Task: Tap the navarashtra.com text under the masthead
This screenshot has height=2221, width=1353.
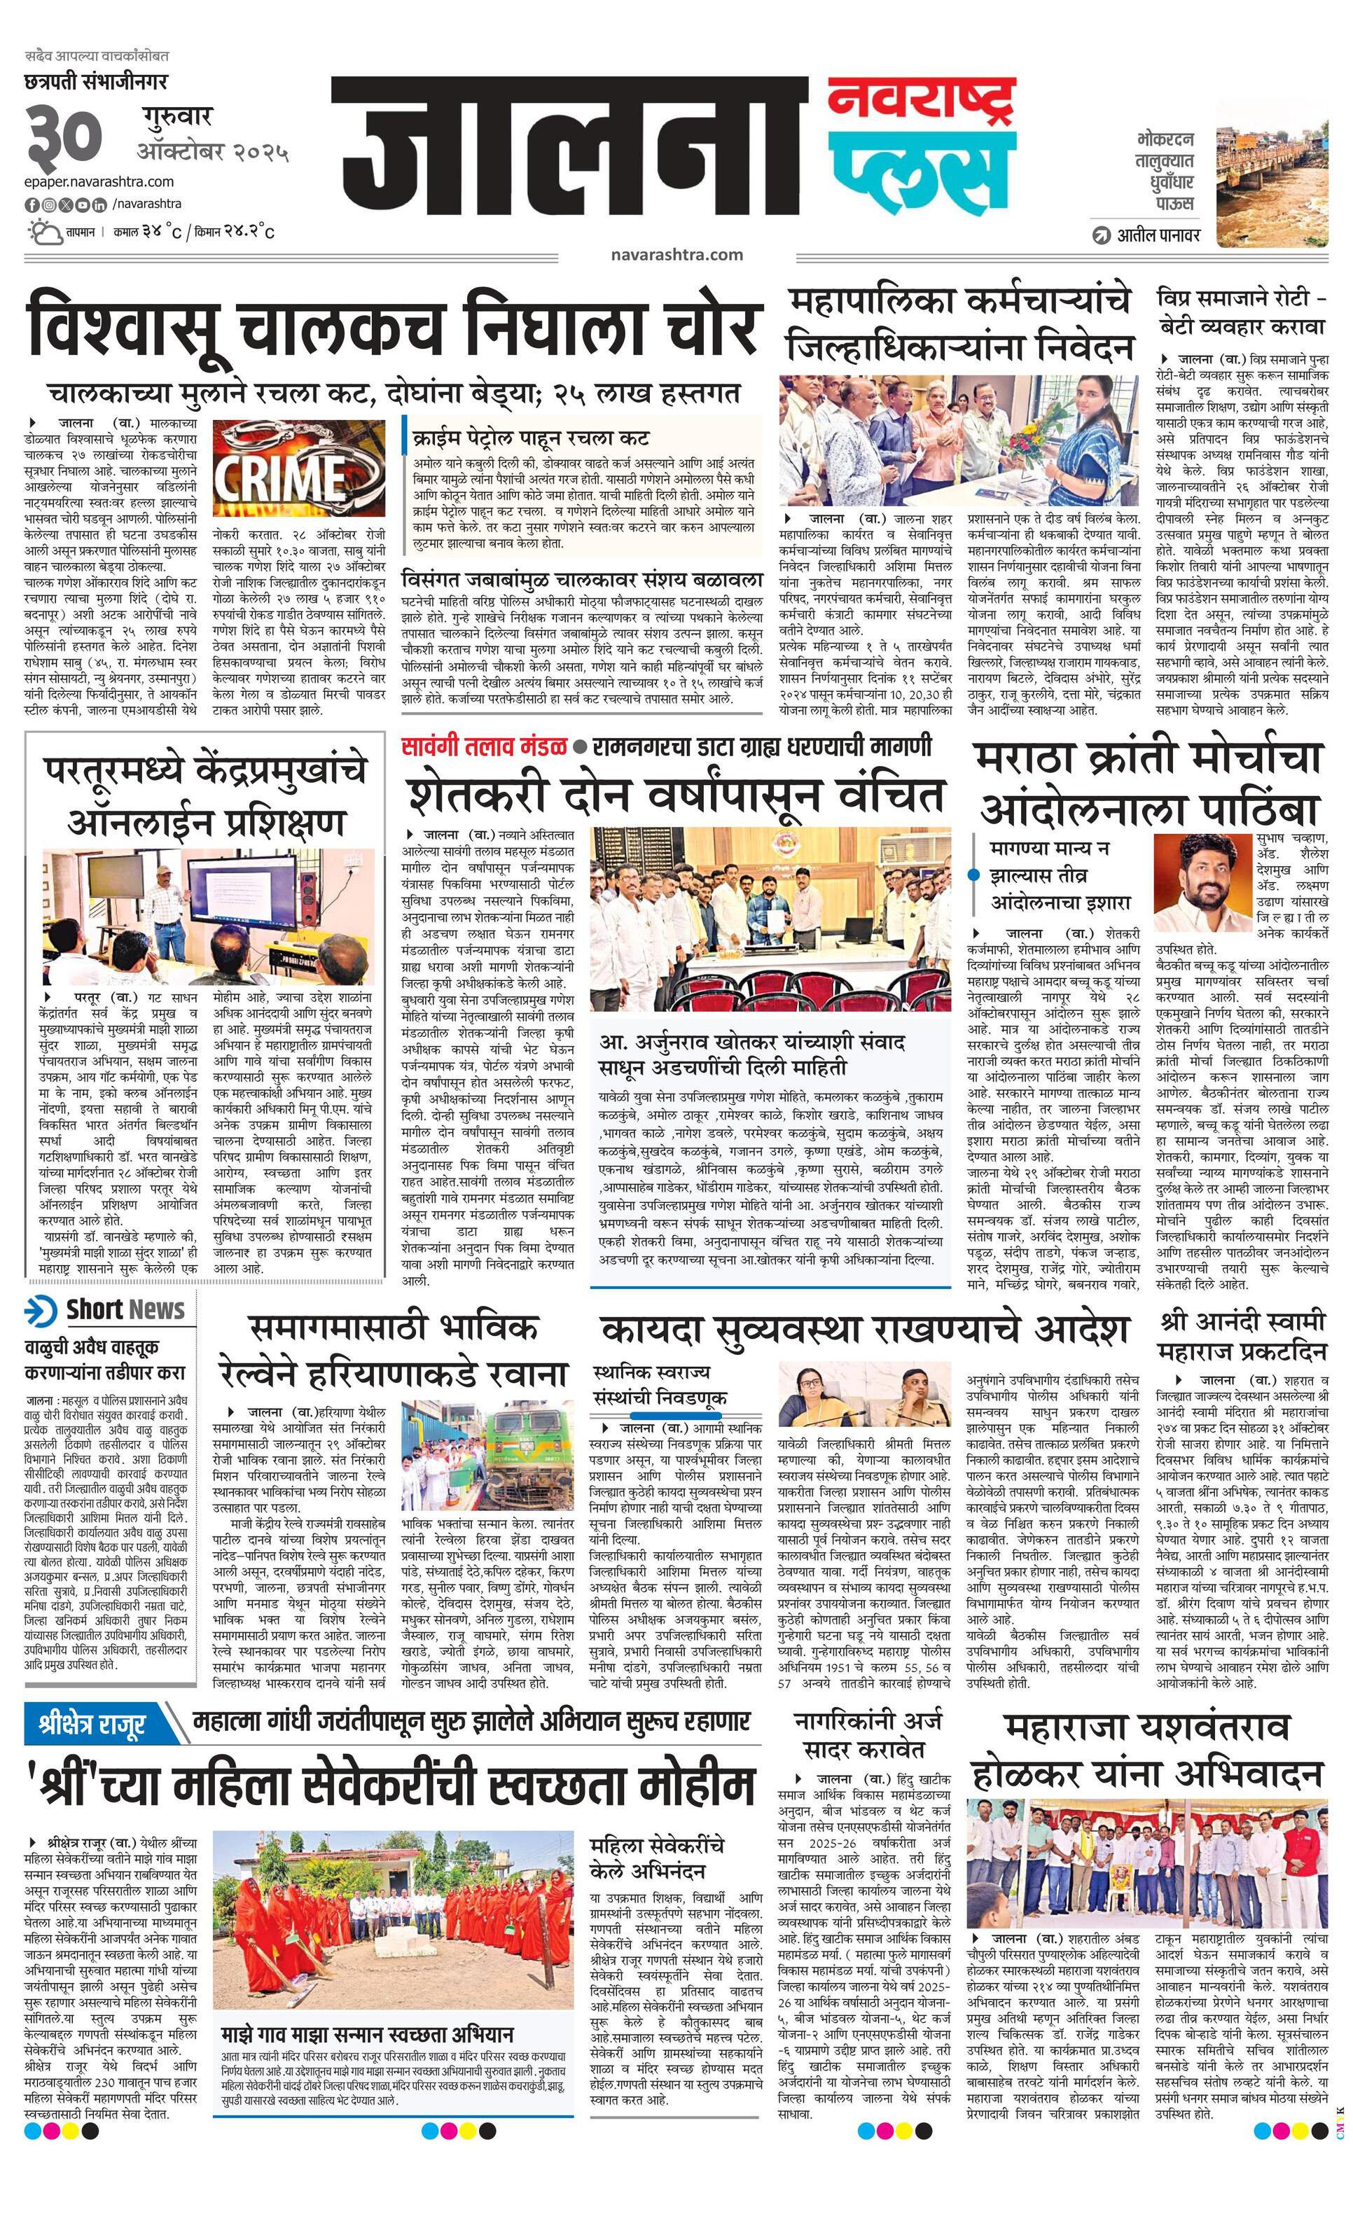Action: click(676, 254)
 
